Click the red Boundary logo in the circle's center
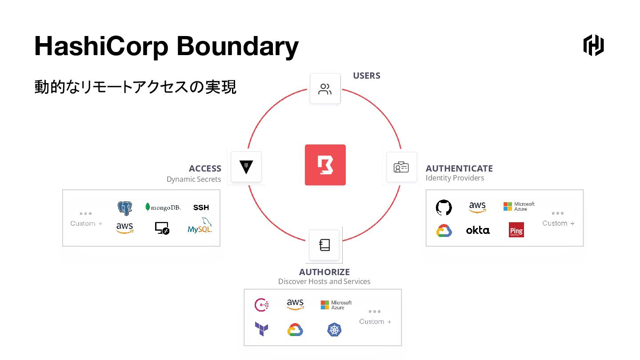[x=325, y=165]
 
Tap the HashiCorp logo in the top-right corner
[x=593, y=45]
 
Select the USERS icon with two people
[x=325, y=89]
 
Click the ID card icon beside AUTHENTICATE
[x=401, y=167]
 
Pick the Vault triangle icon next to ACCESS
[x=246, y=167]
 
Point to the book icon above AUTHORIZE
[x=324, y=245]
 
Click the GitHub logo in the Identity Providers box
[x=444, y=207]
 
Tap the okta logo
[x=478, y=230]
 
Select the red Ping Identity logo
[x=516, y=230]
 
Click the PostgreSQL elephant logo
[x=125, y=208]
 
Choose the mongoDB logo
[x=163, y=207]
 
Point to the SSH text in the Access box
[x=201, y=208]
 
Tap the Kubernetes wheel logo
[x=334, y=329]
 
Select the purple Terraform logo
[x=261, y=329]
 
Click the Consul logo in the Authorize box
[x=261, y=304]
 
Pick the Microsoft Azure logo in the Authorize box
[x=336, y=305]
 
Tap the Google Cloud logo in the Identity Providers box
[x=444, y=230]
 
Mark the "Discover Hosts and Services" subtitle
[x=324, y=281]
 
